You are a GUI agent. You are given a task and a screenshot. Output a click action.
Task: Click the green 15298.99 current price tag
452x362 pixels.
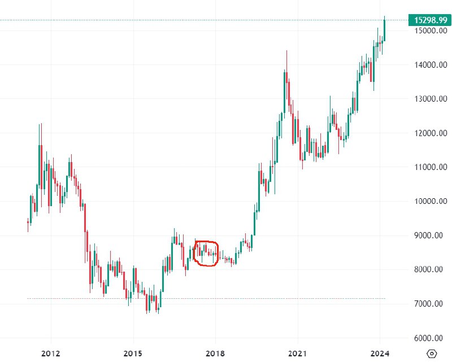pyautogui.click(x=431, y=20)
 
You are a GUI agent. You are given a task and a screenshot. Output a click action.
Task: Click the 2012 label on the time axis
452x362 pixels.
pyautogui.click(x=51, y=354)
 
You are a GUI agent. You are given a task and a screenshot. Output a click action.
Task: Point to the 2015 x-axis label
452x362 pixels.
pyautogui.click(x=133, y=354)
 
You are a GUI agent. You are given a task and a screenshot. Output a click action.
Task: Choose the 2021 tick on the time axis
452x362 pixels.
pyautogui.click(x=297, y=354)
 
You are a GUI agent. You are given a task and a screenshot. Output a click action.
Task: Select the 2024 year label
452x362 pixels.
pyautogui.click(x=380, y=354)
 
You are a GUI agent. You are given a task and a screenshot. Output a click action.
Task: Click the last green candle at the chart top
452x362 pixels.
pyautogui.click(x=384, y=28)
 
